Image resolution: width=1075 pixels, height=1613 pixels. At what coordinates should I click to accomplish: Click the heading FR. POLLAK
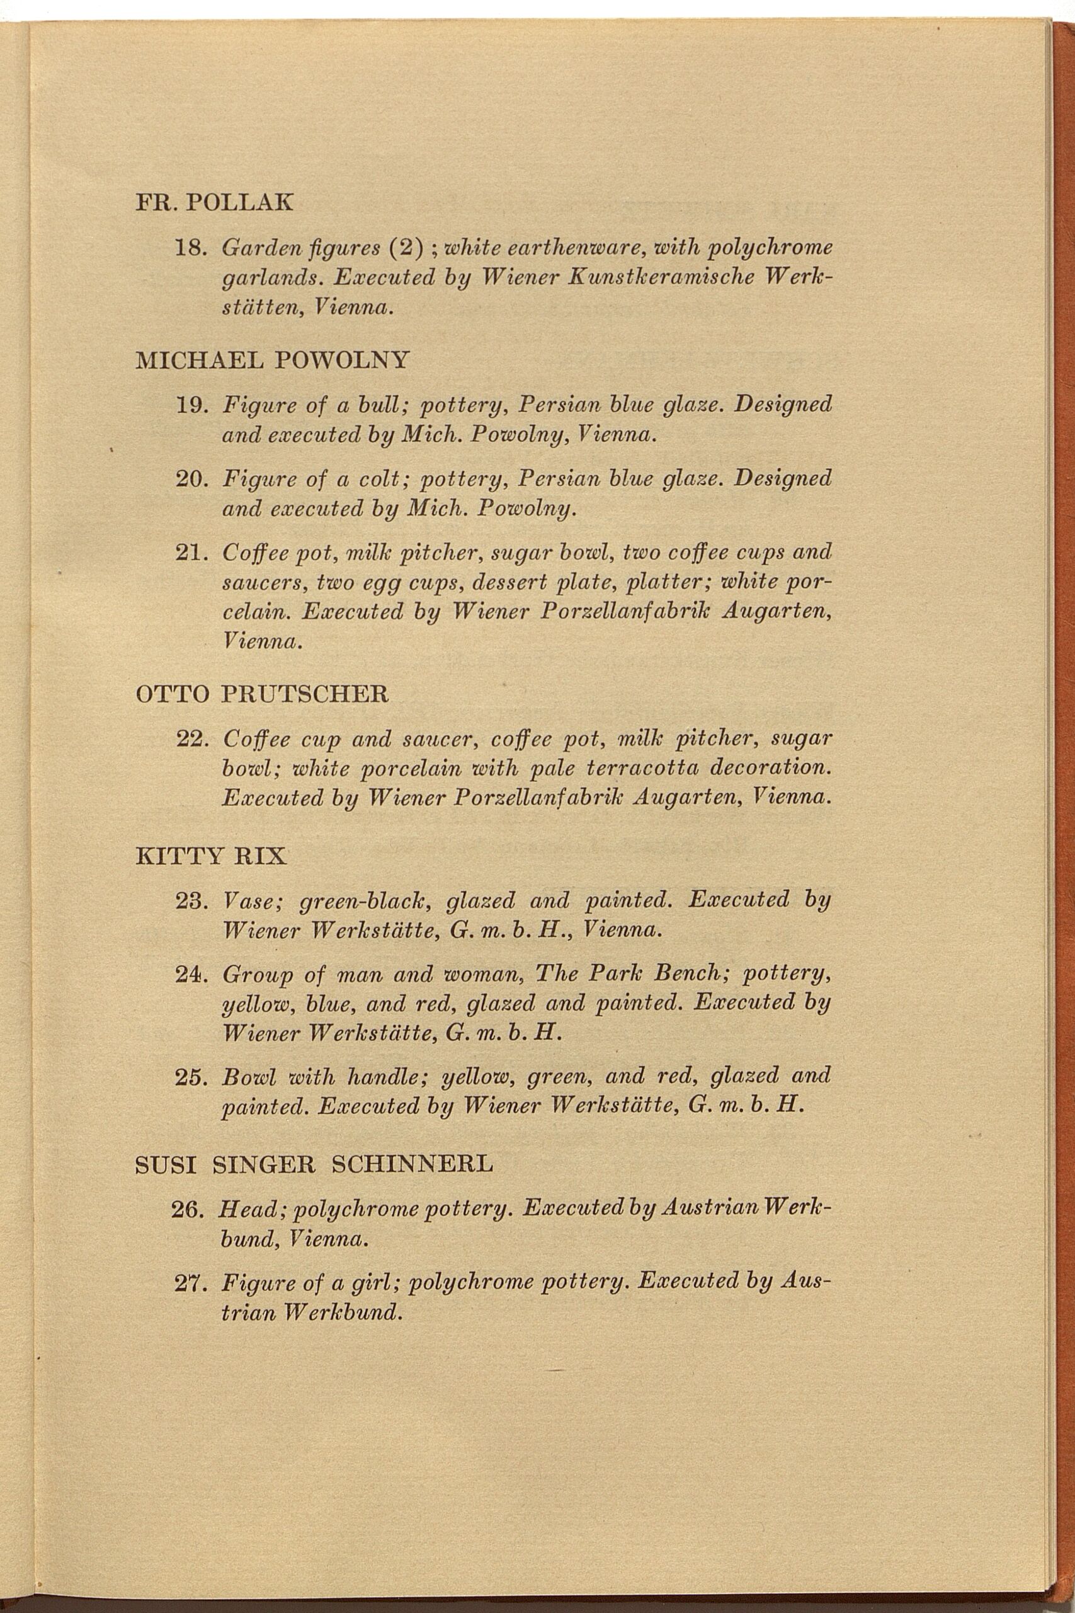point(215,202)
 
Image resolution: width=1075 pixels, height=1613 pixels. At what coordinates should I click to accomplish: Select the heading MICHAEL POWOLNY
point(273,359)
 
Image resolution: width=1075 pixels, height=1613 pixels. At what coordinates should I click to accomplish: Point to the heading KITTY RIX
point(210,856)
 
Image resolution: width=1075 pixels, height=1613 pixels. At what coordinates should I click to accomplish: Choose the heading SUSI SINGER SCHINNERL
point(314,1164)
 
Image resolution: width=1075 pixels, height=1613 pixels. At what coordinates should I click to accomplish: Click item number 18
point(191,248)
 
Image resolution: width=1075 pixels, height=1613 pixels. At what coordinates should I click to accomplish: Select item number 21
point(191,552)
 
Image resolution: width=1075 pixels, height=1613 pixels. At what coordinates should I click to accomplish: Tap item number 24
point(191,973)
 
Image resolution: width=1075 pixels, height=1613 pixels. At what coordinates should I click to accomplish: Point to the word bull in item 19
point(380,405)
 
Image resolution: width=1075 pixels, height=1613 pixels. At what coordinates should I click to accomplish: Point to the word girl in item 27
point(373,1282)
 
